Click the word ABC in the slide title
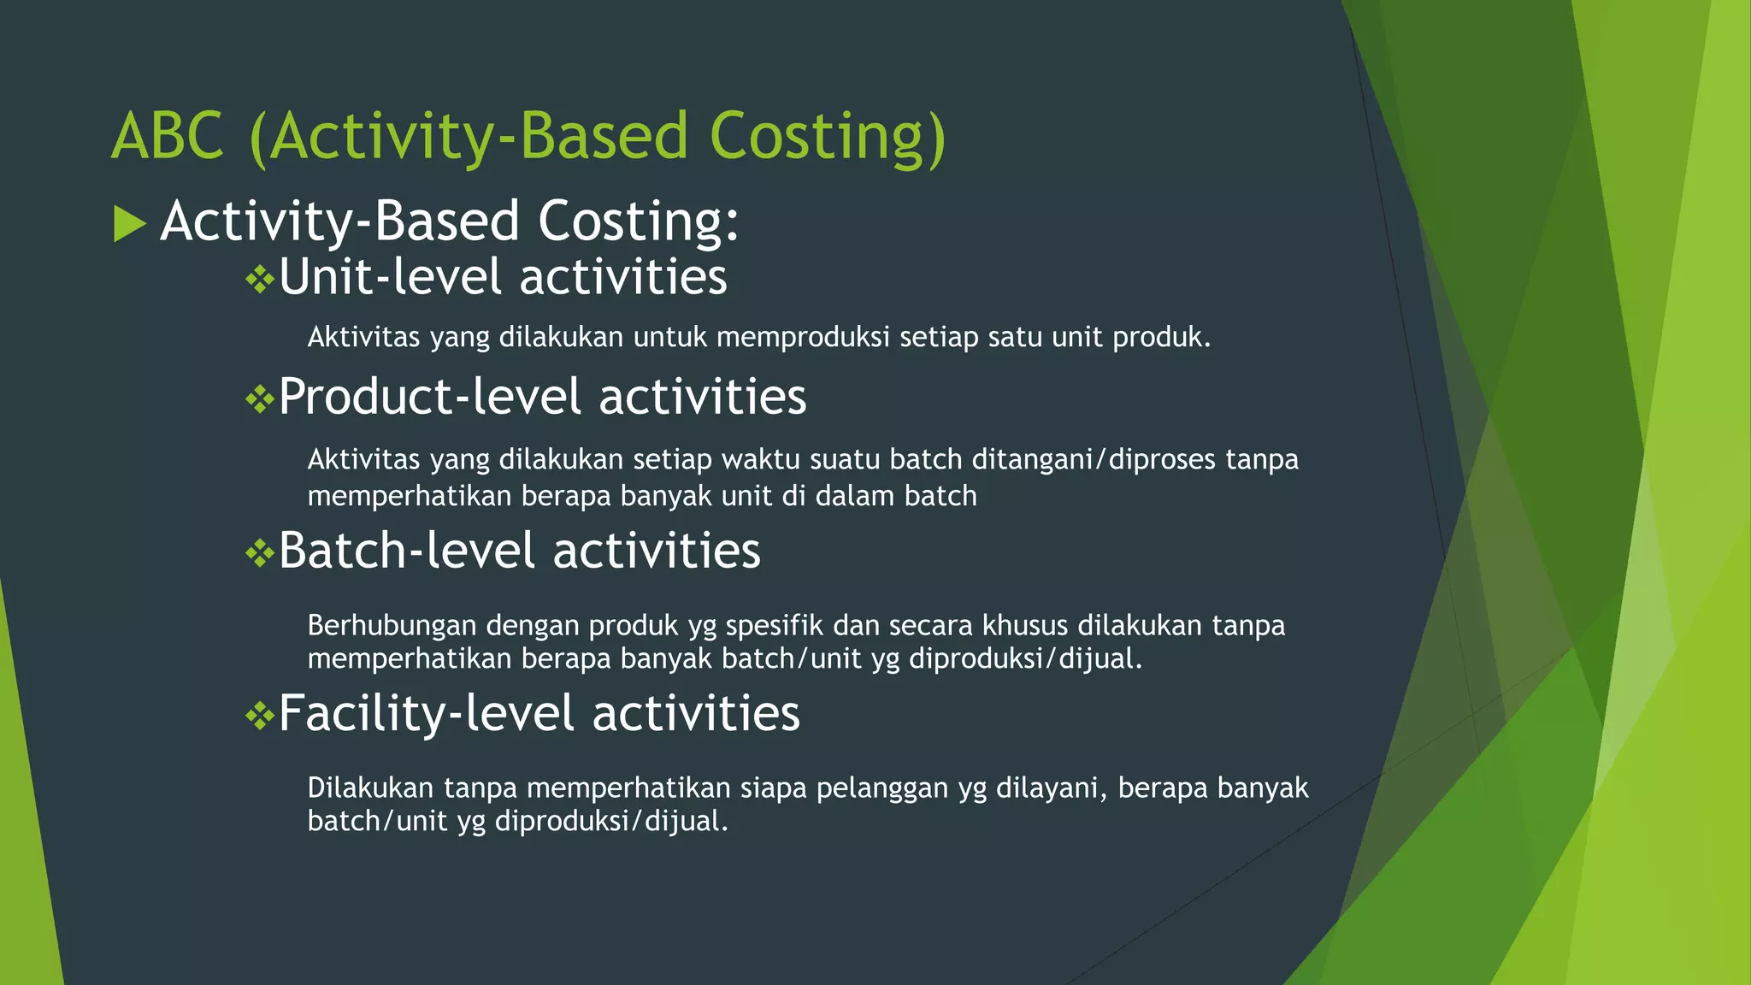pos(168,137)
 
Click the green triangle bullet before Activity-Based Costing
pos(129,224)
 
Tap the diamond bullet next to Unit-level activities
pos(258,280)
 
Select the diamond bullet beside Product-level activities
pos(258,399)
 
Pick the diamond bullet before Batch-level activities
pos(258,553)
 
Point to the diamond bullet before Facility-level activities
pos(258,716)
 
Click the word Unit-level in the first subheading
pos(390,278)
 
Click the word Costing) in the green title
pos(828,137)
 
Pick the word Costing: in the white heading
pos(638,221)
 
